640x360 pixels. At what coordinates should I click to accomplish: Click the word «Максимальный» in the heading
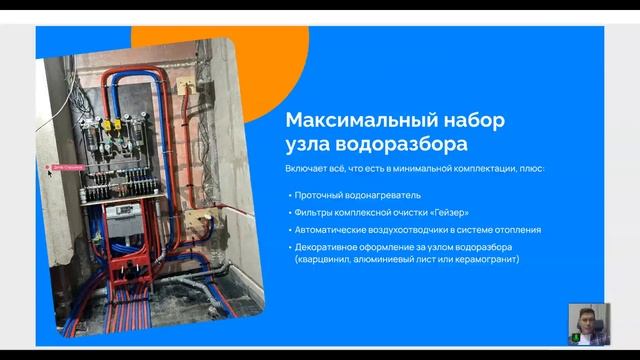(x=345, y=120)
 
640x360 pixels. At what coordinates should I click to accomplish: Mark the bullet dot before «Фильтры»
(x=288, y=212)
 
